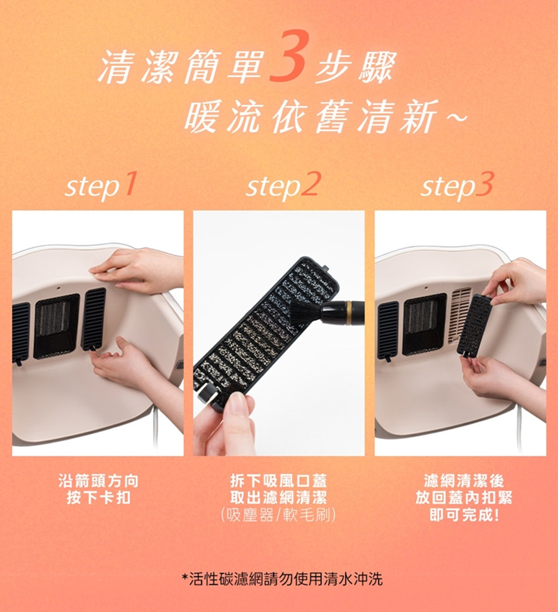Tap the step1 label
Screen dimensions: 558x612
tap(100, 186)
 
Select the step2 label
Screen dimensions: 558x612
tap(283, 186)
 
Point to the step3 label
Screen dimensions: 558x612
tap(457, 186)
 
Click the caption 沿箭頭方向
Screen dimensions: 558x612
tap(98, 481)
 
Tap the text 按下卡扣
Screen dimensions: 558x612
tap(98, 498)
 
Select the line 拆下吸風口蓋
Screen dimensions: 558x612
tap(278, 481)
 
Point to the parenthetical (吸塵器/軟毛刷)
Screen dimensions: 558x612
tap(278, 515)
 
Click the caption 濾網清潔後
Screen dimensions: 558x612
tap(464, 481)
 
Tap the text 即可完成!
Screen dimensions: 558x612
tap(464, 515)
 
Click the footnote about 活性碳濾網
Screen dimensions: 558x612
tap(283, 579)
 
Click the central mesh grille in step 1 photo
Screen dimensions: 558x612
tap(56, 325)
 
